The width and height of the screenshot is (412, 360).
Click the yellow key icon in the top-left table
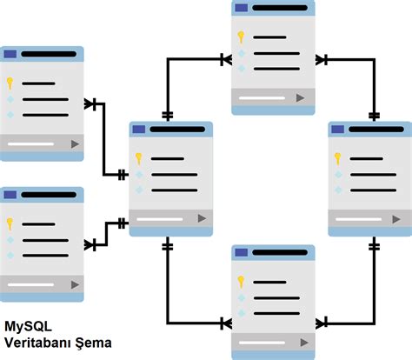click(10, 83)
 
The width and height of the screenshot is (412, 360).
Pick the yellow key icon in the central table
click(137, 158)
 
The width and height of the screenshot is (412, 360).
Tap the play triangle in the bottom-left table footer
click(75, 284)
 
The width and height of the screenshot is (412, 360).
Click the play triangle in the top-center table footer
click(300, 98)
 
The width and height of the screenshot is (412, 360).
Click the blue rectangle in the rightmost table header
click(338, 130)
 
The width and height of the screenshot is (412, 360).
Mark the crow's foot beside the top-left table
click(90, 104)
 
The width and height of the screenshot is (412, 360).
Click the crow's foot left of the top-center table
click(225, 60)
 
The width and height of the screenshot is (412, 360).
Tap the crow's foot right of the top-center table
click(321, 60)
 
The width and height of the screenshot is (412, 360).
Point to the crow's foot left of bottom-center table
click(225, 323)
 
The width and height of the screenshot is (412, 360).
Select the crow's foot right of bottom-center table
click(321, 323)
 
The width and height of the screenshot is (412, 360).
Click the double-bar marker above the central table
click(168, 115)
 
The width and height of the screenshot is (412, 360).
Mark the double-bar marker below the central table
click(168, 246)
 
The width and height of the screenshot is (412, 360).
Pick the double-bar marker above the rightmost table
click(374, 115)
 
